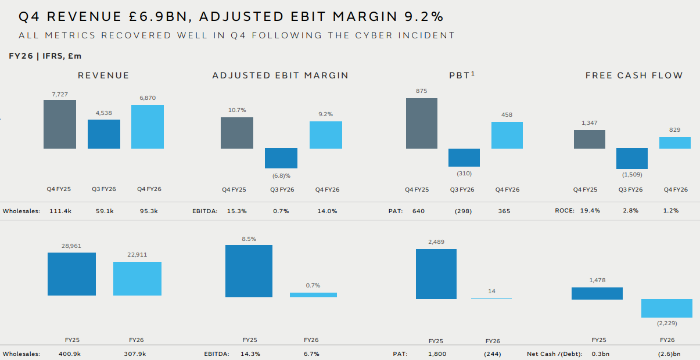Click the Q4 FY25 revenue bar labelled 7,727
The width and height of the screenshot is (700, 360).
coord(60,124)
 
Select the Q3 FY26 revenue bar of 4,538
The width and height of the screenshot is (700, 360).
coord(104,134)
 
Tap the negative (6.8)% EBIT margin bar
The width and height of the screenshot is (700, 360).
coord(281,159)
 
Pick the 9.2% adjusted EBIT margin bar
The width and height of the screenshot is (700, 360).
coord(326,135)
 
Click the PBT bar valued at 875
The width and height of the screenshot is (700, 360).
coord(422,123)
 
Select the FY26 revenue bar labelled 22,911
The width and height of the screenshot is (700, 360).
coord(137,279)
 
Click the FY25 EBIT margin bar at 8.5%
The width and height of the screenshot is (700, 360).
coord(249,271)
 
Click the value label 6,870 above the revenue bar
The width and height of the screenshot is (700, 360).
coord(148,98)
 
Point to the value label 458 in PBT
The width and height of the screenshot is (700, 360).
coord(507,114)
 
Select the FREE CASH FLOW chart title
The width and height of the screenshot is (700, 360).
coord(634,75)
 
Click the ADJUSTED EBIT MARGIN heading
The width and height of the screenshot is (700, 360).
coord(281,75)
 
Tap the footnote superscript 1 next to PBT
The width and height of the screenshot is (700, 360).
coord(473,73)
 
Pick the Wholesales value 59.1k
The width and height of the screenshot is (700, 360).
coord(105,211)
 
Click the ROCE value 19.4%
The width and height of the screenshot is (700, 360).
coord(590,210)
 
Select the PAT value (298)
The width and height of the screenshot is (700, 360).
coord(463,211)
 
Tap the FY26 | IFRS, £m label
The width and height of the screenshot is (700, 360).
coord(45,56)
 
